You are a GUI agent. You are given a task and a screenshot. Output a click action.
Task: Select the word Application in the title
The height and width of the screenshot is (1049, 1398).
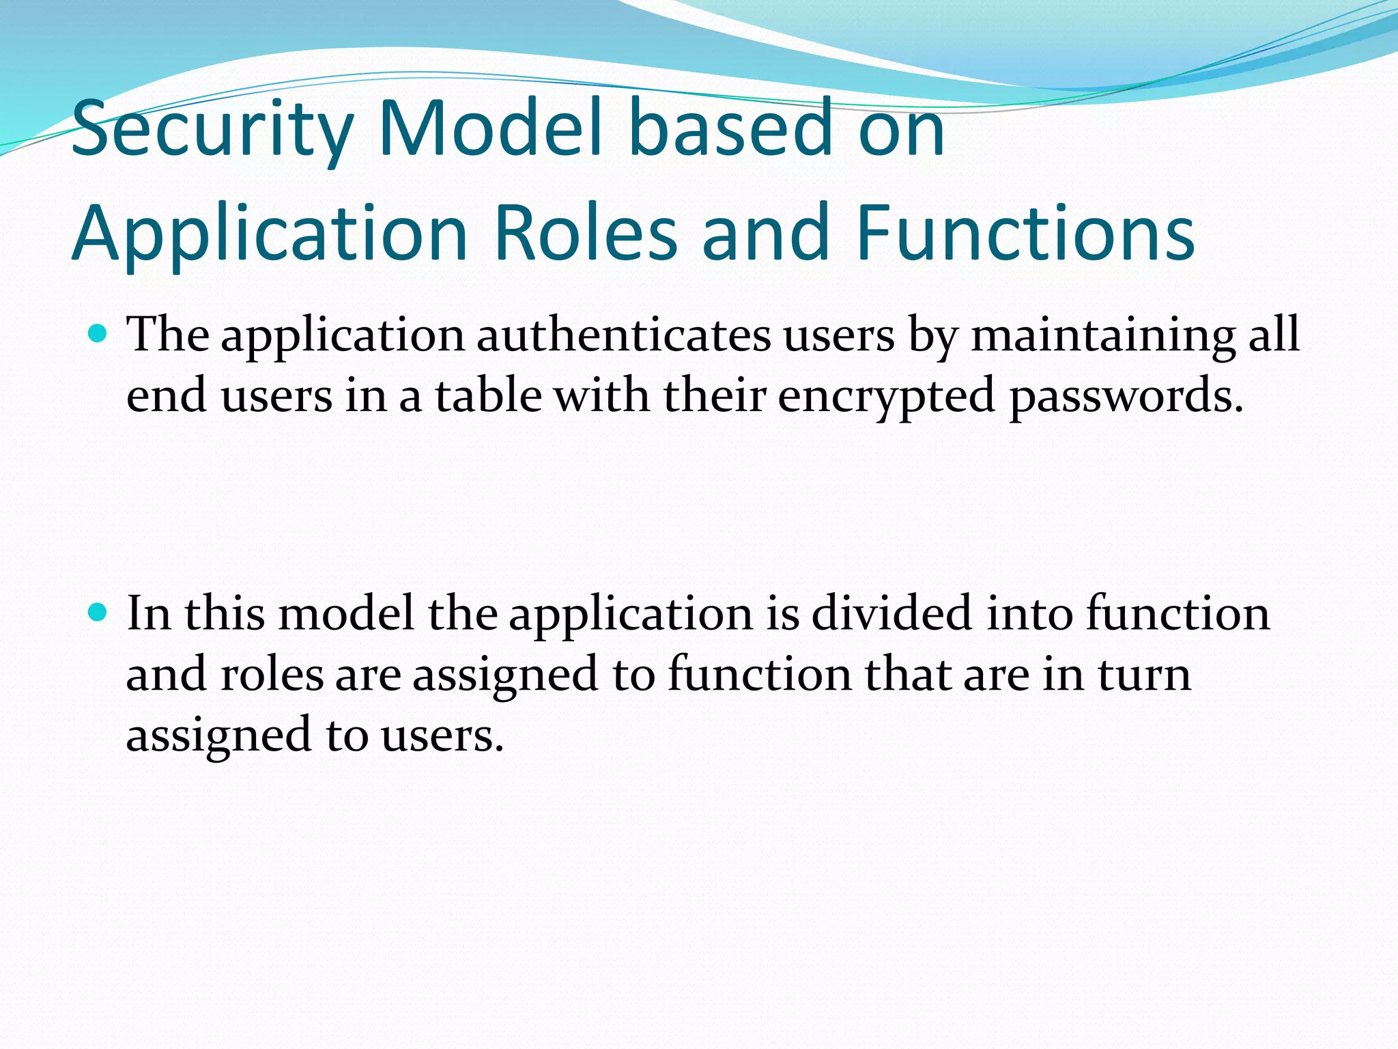point(270,234)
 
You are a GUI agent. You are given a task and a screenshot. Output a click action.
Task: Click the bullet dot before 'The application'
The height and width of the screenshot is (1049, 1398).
point(98,334)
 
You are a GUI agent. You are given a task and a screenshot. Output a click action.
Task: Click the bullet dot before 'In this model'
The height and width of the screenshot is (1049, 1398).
point(98,612)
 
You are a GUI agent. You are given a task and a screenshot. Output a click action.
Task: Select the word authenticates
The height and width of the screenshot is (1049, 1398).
point(623,335)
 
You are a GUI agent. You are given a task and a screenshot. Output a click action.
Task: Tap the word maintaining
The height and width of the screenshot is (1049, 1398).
point(1103,335)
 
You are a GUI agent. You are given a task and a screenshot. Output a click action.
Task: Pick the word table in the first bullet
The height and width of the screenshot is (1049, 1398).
point(488,396)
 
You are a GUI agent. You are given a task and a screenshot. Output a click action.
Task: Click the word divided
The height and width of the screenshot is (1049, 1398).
point(891,613)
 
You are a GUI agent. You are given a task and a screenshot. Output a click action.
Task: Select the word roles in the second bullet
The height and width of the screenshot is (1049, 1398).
point(272,675)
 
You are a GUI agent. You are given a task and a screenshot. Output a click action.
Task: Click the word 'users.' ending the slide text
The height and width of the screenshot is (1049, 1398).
point(442,736)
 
